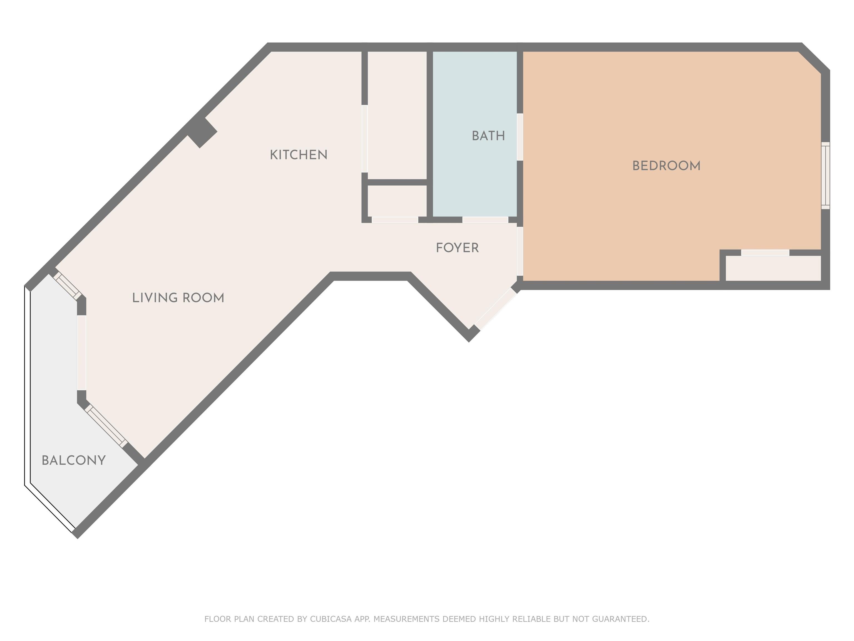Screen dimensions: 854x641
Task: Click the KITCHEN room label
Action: click(x=299, y=155)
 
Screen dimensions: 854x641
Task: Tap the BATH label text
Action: click(x=488, y=136)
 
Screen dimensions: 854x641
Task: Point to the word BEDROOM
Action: click(x=666, y=166)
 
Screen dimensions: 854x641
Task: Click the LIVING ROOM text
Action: click(x=178, y=298)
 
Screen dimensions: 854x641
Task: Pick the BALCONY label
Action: click(x=73, y=460)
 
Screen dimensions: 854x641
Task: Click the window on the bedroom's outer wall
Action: click(x=825, y=176)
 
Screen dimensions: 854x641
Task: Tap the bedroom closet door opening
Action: click(x=765, y=253)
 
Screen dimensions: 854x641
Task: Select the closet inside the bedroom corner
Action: click(x=773, y=268)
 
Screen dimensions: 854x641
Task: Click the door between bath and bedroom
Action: click(x=520, y=137)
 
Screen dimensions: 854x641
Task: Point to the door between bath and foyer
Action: click(x=485, y=220)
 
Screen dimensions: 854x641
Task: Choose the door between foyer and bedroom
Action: click(x=520, y=251)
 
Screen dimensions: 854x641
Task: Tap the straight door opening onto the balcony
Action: click(x=81, y=353)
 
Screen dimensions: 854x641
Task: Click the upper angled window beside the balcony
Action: click(x=67, y=286)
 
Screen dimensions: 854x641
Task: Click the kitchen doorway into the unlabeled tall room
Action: click(x=364, y=139)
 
